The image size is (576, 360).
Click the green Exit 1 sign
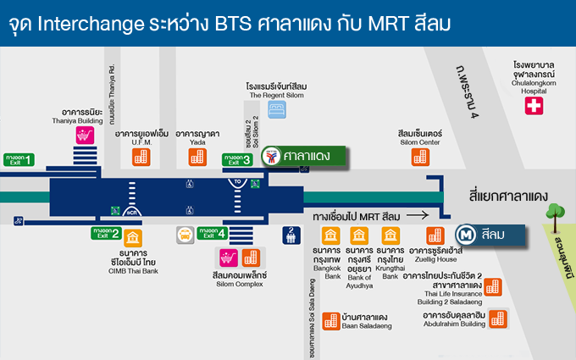[19, 158]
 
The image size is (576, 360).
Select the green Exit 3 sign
[237, 158]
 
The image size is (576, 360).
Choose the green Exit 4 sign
[213, 232]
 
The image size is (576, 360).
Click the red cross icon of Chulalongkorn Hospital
[534, 106]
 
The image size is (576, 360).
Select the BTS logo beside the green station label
[271, 157]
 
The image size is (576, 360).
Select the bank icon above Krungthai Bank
[390, 235]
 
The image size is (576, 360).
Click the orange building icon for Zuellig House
[435, 235]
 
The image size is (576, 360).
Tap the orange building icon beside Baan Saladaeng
[331, 320]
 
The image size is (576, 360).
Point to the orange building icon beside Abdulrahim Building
[496, 318]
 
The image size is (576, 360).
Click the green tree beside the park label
[556, 213]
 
